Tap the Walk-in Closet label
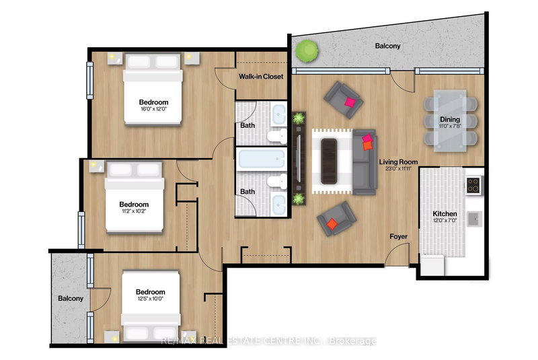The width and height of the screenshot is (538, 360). click(261, 77)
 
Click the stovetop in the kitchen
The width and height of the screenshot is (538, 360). click(473, 184)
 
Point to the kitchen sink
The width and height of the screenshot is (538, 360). click(473, 218)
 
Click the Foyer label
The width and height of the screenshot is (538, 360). click(399, 236)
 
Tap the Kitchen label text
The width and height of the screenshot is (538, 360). click(445, 215)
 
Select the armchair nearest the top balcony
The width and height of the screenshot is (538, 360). click(343, 98)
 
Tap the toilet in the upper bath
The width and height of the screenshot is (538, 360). click(274, 137)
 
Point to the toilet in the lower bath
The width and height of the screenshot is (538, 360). click(274, 182)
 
